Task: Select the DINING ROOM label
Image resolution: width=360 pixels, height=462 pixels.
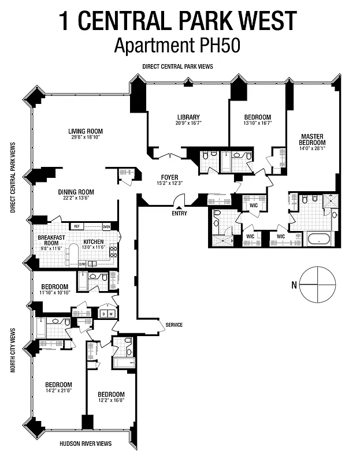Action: click(x=76, y=192)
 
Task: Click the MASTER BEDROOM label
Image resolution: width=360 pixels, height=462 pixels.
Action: click(x=311, y=140)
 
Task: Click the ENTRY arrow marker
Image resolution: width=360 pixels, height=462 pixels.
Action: click(x=179, y=207)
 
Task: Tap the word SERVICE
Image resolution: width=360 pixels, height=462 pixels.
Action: click(x=174, y=325)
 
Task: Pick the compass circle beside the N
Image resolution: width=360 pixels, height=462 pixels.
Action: click(x=317, y=284)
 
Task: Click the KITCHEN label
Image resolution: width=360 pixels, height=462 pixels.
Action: click(x=93, y=241)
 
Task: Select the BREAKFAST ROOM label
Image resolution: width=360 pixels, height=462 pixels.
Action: click(x=50, y=241)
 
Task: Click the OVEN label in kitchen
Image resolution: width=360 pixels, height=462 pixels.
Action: click(x=106, y=226)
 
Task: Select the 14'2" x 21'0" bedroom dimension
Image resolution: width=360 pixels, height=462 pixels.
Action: click(x=60, y=392)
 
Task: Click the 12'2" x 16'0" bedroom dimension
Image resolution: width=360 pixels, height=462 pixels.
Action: click(x=110, y=400)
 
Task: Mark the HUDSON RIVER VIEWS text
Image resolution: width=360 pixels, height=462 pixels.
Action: click(x=86, y=444)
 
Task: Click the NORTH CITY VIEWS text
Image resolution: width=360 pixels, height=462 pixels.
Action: click(x=13, y=351)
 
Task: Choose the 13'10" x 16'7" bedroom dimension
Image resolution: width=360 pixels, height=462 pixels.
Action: click(x=257, y=123)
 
